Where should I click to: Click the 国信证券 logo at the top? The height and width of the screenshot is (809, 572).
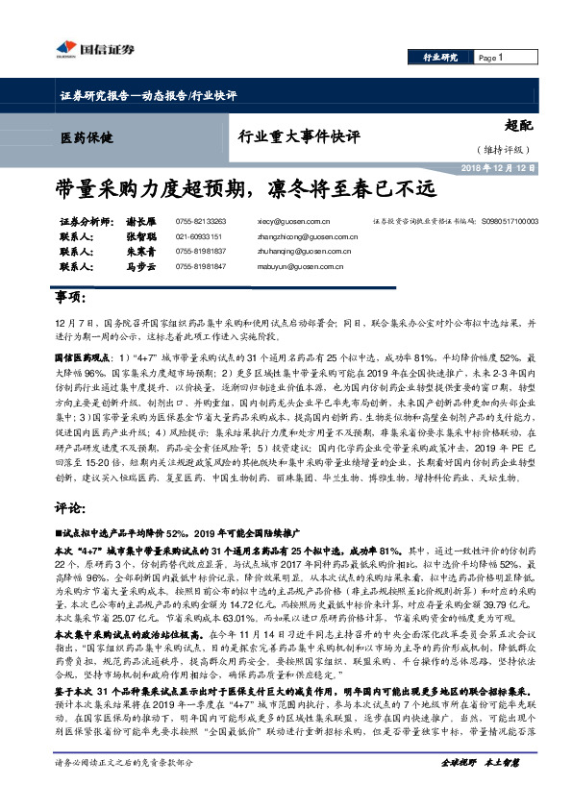click(93, 49)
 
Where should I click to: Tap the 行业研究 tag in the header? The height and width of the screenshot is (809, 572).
click(441, 58)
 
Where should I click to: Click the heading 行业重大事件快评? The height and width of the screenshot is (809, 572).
click(299, 136)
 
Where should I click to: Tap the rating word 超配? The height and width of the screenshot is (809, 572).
click(520, 126)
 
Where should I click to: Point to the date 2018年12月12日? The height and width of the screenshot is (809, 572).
click(500, 167)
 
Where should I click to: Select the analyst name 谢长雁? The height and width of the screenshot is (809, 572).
click(141, 221)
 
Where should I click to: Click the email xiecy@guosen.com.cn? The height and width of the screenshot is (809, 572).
click(301, 221)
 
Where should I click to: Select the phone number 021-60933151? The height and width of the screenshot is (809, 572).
click(200, 236)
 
